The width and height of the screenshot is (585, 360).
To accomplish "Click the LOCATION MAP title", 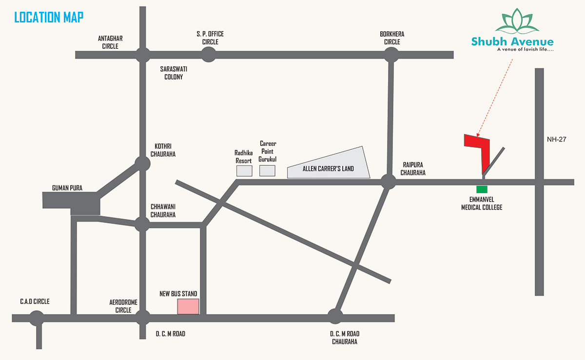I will pos(49,18).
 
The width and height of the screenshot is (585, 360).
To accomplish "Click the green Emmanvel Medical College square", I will pos(482,189).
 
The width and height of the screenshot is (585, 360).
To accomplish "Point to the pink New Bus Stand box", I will pos(188,306).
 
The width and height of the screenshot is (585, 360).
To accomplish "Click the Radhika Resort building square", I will pos(244,171).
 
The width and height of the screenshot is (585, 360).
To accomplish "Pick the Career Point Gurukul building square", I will pos(267,171).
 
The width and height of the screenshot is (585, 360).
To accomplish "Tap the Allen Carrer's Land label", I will pos(328,169).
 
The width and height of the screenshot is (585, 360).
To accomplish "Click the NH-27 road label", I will pos(556,139).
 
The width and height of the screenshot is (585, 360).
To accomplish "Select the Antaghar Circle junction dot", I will pos(142,55).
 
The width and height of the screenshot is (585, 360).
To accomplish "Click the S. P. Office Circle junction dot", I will pos(208,55).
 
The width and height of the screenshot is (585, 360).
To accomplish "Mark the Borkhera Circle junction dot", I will pos(390,55).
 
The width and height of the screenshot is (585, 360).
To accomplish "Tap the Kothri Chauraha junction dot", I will pos(142,163).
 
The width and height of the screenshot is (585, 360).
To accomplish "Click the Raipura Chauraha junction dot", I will pos(388,182).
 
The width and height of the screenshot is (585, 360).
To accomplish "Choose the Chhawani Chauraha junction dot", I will pos(142,224).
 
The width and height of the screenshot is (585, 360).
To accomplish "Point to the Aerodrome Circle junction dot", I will pos(142,318).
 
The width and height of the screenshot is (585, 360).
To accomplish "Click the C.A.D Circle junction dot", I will pos(37,319).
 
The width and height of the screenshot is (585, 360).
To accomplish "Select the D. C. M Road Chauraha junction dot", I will pos(335,316).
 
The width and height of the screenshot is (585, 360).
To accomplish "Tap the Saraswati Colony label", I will pos(174,73).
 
